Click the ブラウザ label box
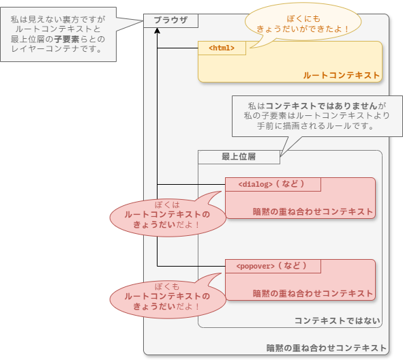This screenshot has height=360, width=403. click(170, 20)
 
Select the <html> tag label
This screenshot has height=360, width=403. click(222, 48)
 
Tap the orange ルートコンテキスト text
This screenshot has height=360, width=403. click(341, 75)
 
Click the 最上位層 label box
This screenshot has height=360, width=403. click(239, 157)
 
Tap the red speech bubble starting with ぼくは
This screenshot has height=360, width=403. click(167, 214)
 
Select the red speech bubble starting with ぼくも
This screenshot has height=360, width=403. click(167, 296)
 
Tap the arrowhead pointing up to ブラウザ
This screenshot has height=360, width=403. click(157, 32)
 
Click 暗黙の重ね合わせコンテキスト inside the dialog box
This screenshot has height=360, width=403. click(313, 211)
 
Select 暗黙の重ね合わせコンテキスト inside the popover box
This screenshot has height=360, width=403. click(313, 293)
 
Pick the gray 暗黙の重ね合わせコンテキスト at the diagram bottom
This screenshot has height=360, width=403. click(326, 348)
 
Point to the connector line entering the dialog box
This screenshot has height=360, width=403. click(191, 184)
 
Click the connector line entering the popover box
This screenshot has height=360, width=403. click(191, 266)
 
